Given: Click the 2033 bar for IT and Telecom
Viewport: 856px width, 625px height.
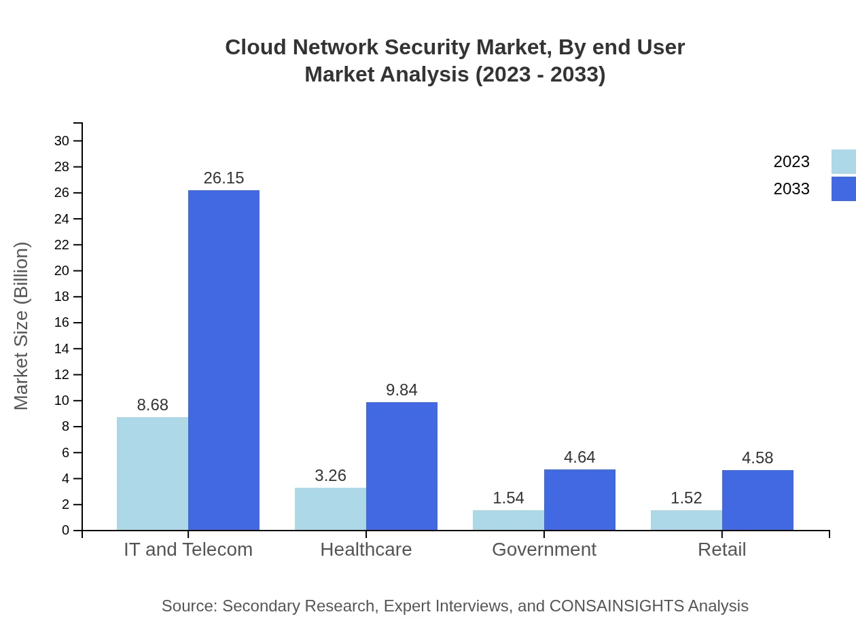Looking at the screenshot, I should (224, 360).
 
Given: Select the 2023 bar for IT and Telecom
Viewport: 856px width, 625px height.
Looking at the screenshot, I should (152, 474).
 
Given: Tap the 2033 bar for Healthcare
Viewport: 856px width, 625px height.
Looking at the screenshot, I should (402, 466).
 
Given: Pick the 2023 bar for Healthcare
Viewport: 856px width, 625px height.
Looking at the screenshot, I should (330, 509).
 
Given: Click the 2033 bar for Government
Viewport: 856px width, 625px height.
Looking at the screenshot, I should (579, 500).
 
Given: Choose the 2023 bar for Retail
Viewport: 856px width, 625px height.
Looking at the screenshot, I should (686, 520).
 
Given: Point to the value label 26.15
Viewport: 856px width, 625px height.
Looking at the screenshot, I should (224, 178).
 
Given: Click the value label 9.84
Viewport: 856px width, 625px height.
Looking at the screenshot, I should (402, 390).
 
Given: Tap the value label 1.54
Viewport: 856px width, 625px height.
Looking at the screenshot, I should (508, 498).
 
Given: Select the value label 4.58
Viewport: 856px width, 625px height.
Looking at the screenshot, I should (757, 458).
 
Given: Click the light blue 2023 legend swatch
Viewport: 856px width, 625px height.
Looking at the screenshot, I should (843, 162).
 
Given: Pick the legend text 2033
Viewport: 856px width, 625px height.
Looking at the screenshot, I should (791, 189).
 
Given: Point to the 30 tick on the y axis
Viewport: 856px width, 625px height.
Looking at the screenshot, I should (62, 141).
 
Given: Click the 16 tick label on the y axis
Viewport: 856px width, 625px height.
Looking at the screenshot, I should (62, 323).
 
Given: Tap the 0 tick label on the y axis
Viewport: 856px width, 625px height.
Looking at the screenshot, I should (66, 531).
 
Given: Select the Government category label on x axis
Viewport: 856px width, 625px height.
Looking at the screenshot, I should (544, 549).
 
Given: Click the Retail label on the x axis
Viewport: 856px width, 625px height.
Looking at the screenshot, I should (721, 549).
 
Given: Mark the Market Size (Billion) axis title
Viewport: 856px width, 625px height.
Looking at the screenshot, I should (21, 326).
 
